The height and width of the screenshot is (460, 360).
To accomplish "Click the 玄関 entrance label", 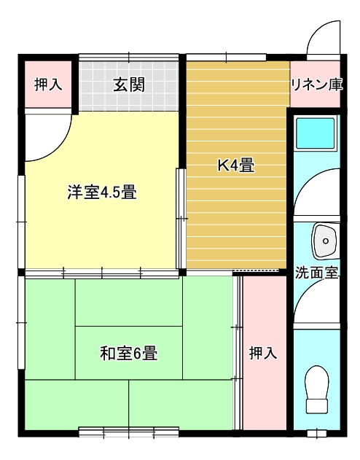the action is pos(129,85).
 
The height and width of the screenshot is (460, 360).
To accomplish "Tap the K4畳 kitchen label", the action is pos(235,165).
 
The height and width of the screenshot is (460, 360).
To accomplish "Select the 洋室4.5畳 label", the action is pos(102,192).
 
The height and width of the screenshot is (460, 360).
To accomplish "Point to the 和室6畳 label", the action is pos(129,353).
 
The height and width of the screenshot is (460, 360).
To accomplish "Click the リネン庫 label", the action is pos(316,85).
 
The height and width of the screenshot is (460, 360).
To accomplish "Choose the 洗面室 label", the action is pos(316,273).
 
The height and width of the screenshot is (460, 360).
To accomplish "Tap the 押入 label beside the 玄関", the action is pos(48,85).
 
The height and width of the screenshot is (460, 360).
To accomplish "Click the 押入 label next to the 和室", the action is pos(263,353).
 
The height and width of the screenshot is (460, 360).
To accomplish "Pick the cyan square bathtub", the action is pos(315,133).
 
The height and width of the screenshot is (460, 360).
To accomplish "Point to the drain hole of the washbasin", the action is pos(326,241).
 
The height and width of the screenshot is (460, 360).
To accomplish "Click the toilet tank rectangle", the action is pos(316,406).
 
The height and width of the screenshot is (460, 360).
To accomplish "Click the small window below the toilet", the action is pos(316,434).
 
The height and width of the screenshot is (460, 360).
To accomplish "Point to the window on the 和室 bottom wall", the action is pos(129,432).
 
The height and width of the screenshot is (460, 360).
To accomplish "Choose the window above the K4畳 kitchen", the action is pos(227,57).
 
